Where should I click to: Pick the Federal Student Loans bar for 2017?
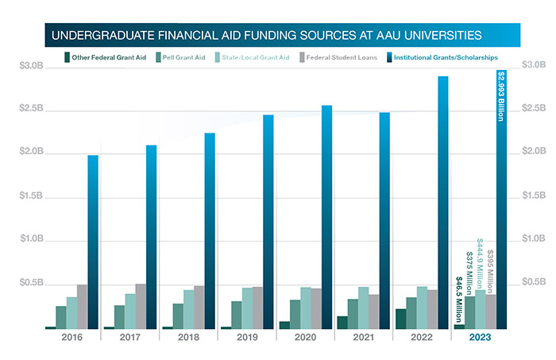[x=141, y=306]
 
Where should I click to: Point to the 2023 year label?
[x=479, y=338]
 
